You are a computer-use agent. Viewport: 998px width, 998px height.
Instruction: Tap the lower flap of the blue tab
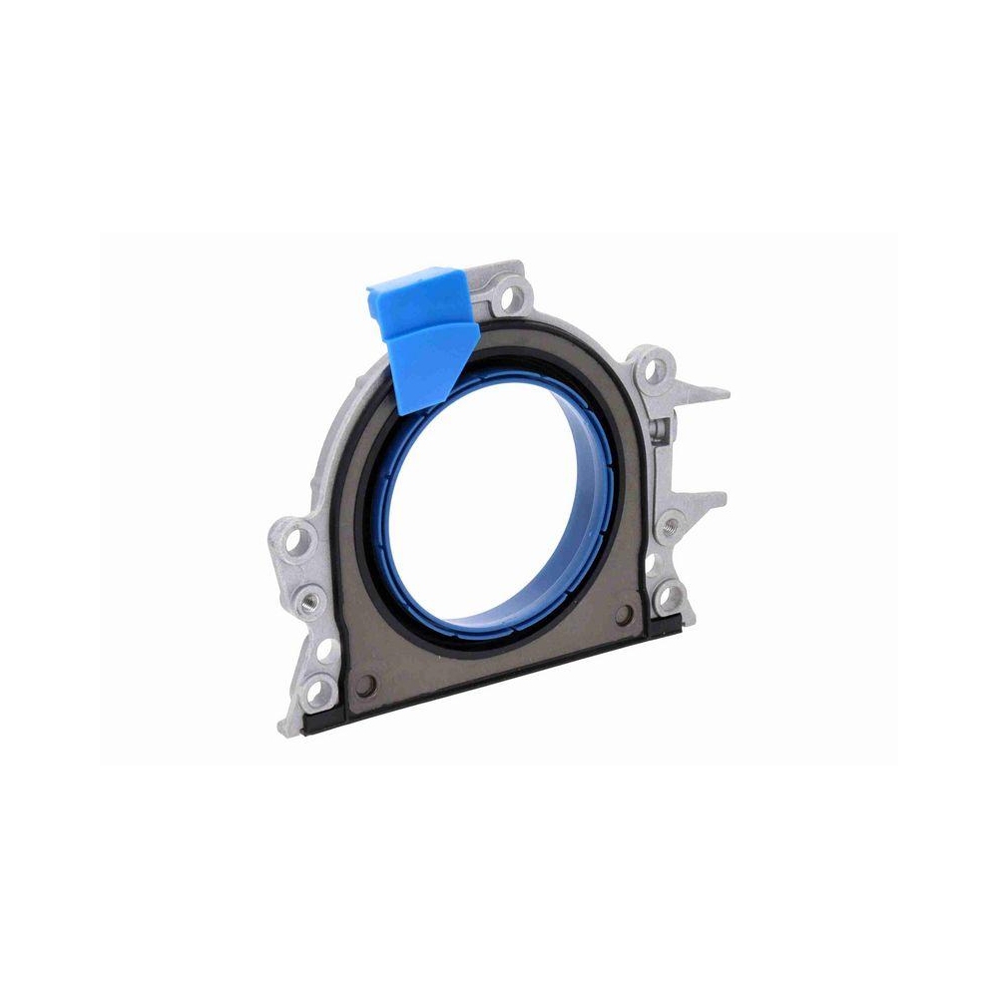429,364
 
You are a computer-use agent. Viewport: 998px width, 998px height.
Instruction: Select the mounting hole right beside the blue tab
513,295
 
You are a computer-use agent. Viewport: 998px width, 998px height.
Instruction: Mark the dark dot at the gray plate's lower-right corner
627,614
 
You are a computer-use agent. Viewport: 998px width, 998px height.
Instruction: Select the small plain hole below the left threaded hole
324,651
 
